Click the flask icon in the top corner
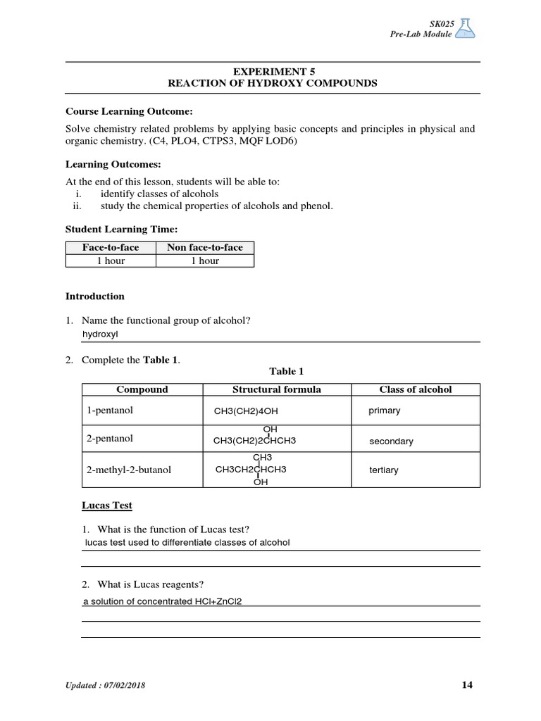(x=466, y=27)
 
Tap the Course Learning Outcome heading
(x=129, y=111)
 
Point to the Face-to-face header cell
(x=111, y=247)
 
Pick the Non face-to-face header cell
(x=205, y=247)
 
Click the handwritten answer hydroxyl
(x=101, y=334)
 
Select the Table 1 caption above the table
(x=286, y=371)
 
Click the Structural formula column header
(x=276, y=389)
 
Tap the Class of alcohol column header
(x=416, y=389)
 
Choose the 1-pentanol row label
(x=110, y=410)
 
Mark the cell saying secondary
(x=391, y=441)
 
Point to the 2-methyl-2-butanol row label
(x=129, y=470)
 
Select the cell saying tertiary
(x=384, y=470)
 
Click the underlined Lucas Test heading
(x=107, y=506)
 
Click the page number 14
(x=468, y=685)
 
